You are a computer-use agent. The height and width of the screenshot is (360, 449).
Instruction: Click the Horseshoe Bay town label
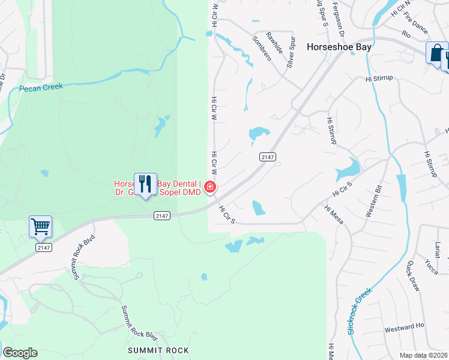click(339, 46)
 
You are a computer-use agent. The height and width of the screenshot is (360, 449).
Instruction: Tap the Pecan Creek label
click(40, 88)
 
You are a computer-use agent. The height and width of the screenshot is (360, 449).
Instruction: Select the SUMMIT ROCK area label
click(158, 350)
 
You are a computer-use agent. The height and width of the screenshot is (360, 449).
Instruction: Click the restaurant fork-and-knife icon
click(145, 184)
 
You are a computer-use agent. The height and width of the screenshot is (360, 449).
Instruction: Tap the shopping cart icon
click(40, 227)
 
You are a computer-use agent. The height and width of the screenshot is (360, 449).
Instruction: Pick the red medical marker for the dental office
click(210, 187)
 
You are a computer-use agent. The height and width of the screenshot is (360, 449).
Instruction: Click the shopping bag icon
click(436, 52)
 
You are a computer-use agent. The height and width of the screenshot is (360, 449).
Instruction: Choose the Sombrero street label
click(262, 48)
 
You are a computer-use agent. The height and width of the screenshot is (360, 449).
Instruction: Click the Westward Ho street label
click(405, 328)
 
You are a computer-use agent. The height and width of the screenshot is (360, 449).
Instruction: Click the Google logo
click(20, 353)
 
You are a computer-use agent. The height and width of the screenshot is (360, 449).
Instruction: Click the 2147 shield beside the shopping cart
click(43, 247)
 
